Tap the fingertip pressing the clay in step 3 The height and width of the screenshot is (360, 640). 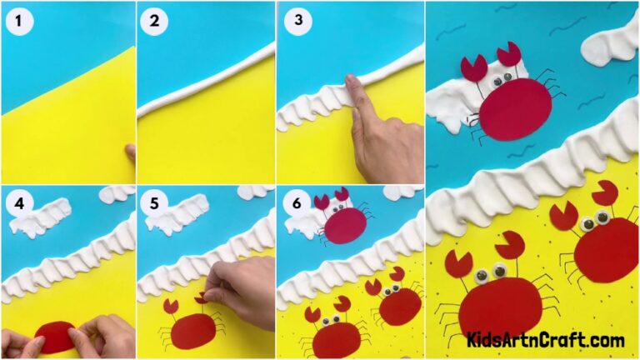(x=351, y=82)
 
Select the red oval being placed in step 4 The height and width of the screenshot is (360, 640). (x=57, y=336)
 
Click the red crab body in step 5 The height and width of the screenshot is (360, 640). (x=193, y=331)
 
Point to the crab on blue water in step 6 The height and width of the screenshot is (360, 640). (x=344, y=223)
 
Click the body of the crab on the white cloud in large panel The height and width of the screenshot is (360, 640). (x=515, y=108)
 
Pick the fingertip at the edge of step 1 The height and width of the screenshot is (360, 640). (x=130, y=152)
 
